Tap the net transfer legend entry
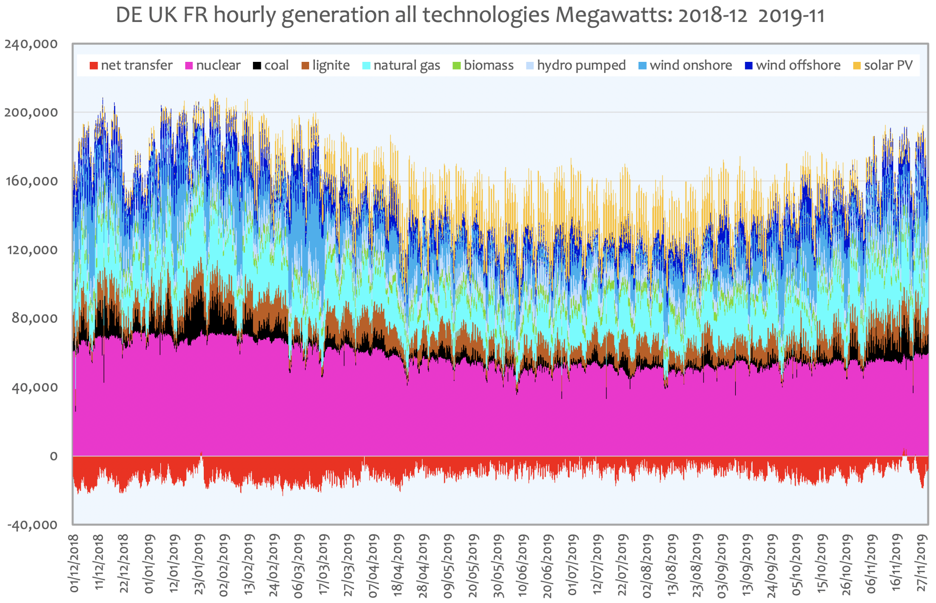pyautogui.click(x=131, y=65)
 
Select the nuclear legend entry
pyautogui.click(x=213, y=65)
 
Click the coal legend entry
pyautogui.click(x=271, y=65)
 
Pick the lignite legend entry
pyautogui.click(x=326, y=65)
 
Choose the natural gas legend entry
pyautogui.click(x=401, y=65)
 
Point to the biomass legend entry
pyautogui.click(x=483, y=65)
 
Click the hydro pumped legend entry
pyautogui.click(x=576, y=65)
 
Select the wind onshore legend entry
pyautogui.click(x=685, y=65)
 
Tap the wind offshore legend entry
pyautogui.click(x=793, y=65)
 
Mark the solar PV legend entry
pyautogui.click(x=883, y=65)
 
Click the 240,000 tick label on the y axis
pyautogui.click(x=31, y=44)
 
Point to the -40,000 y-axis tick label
pyautogui.click(x=32, y=525)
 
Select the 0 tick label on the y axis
pyautogui.click(x=54, y=456)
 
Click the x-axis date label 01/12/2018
pyautogui.click(x=74, y=564)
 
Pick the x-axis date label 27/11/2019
pyautogui.click(x=921, y=564)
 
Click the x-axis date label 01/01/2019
pyautogui.click(x=149, y=564)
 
